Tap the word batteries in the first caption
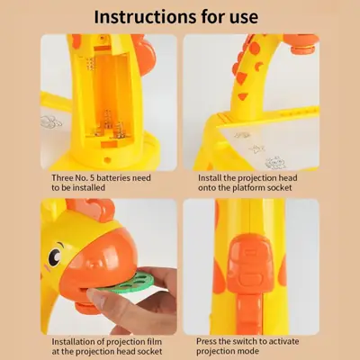pos(114,178)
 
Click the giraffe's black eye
pos(55,257)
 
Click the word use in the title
pos(245,17)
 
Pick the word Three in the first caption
pos(62,178)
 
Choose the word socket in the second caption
pos(280,188)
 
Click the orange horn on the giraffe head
pos(92,208)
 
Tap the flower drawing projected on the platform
pos(274,163)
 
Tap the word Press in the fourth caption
pos(206,341)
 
